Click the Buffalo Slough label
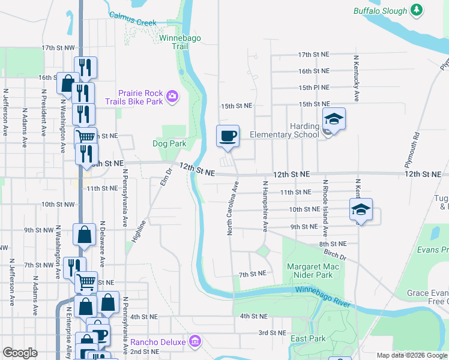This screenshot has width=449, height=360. point(380,10)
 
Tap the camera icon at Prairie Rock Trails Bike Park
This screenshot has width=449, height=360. point(172,95)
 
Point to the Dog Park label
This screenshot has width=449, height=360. point(169,143)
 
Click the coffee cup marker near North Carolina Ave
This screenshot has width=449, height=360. point(228,136)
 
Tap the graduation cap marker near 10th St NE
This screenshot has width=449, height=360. point(361,209)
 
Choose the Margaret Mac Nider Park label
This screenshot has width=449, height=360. point(310,271)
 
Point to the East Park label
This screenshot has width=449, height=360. point(309,338)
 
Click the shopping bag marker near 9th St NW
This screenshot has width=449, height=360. point(85,235)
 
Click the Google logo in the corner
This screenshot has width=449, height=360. point(20,353)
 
